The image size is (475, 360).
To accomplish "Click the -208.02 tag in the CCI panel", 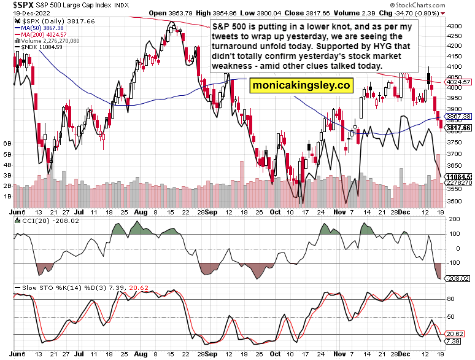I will [460, 278].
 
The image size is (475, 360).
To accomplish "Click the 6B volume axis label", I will [8, 143].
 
